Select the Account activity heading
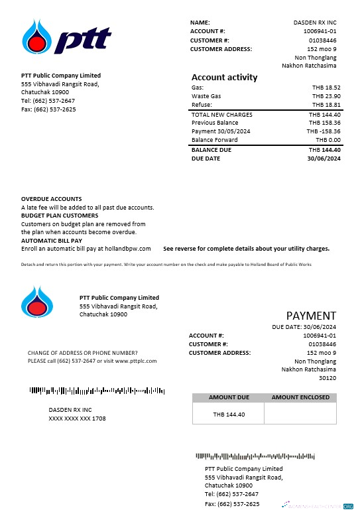click(224, 78)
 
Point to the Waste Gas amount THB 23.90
click(326, 96)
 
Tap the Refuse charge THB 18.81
click(326, 105)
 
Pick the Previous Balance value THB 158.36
click(325, 123)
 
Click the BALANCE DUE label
click(211, 150)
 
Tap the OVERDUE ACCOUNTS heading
click(52, 199)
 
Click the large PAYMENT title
click(311, 316)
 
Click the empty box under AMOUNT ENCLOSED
click(300, 414)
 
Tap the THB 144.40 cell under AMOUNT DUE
click(229, 415)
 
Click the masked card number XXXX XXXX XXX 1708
click(77, 419)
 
